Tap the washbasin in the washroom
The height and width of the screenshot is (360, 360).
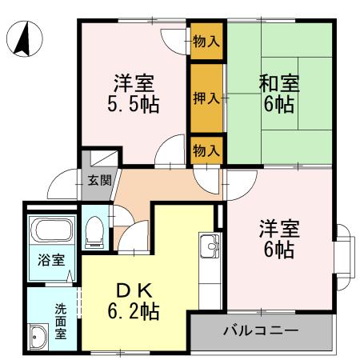[x=38, y=337]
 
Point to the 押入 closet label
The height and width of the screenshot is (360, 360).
[x=206, y=98]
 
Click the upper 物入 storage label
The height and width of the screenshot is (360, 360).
[x=206, y=40]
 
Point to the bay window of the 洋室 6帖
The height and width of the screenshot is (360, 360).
[x=342, y=246]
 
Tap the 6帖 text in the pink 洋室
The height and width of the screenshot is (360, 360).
[x=278, y=250]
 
